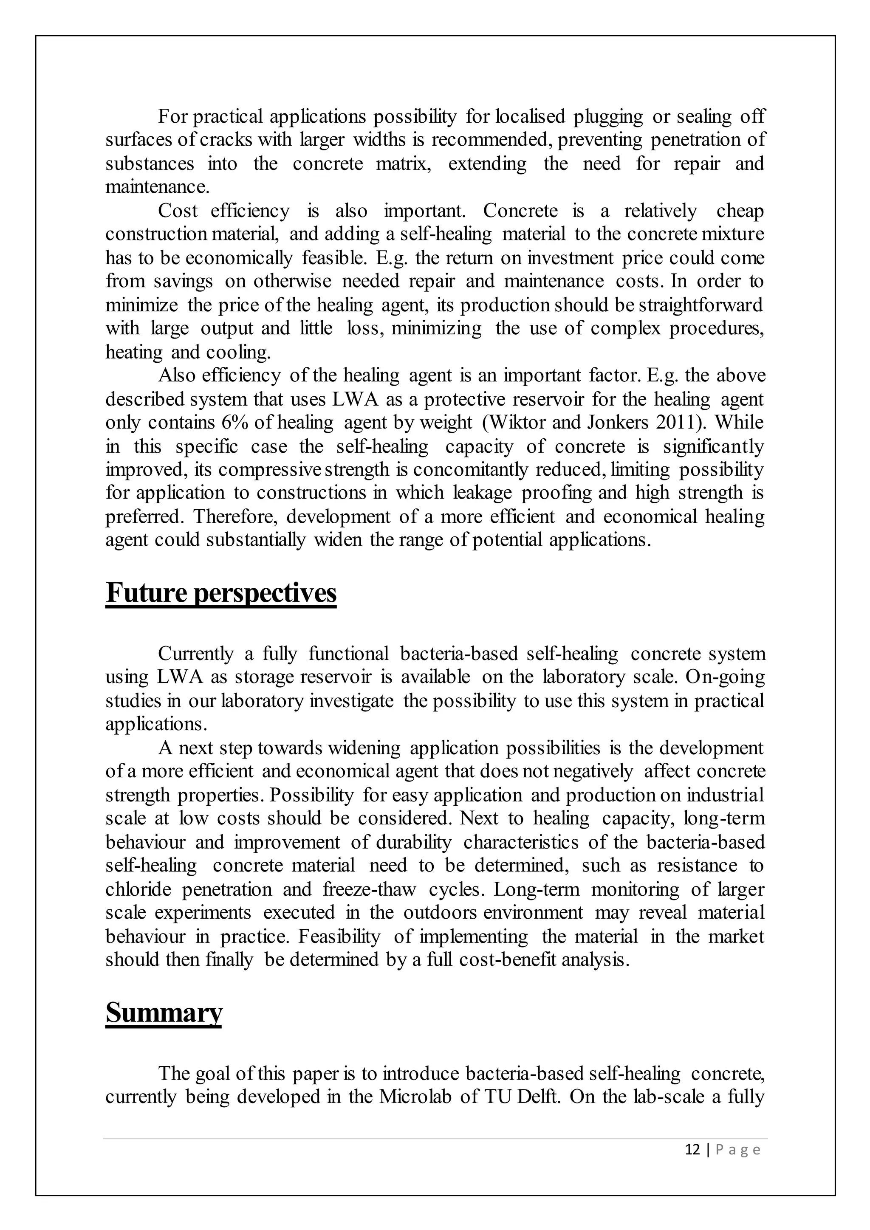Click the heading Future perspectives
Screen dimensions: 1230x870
221,592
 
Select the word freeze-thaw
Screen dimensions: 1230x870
369,889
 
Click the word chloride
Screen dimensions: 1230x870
138,889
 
